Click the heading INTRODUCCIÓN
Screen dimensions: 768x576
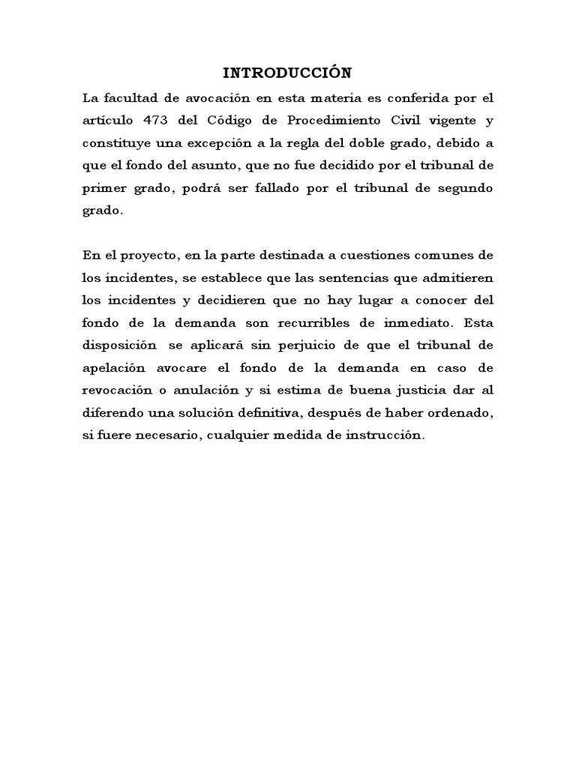click(x=287, y=73)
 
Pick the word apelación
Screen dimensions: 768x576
click(x=114, y=368)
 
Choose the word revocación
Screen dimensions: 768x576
click(x=118, y=391)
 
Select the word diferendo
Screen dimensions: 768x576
click(x=115, y=413)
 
